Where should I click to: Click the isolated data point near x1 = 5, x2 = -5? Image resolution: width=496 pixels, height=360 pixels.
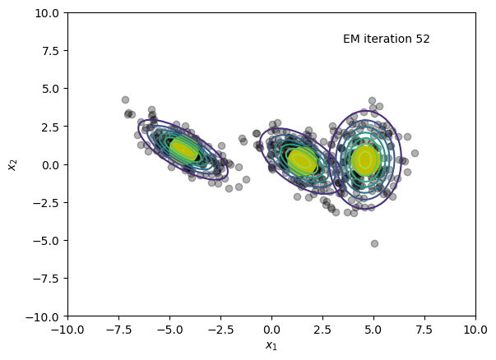374,243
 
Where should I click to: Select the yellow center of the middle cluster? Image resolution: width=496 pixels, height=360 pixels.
302,161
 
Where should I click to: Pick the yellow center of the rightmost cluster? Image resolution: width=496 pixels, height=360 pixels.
365,160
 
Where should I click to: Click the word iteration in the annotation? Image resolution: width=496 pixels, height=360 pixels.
387,39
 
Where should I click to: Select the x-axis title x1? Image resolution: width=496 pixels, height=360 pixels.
271,345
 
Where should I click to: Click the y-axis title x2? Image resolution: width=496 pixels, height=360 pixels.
12,164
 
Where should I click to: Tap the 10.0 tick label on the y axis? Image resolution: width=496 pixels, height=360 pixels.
47,13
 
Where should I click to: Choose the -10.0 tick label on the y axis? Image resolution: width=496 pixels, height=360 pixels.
42,316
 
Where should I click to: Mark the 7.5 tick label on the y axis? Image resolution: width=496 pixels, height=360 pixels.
51,51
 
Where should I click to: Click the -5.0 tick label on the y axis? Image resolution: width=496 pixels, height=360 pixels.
46,241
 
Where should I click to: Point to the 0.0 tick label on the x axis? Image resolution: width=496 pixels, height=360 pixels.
271,330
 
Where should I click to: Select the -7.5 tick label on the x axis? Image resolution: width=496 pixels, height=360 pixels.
119,330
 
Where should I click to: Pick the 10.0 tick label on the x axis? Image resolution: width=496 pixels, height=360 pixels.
475,330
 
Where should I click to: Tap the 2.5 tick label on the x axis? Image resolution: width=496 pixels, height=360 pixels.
322,330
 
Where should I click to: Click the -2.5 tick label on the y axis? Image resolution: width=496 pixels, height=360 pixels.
46,202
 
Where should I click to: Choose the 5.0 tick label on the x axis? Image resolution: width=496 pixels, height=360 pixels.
373,330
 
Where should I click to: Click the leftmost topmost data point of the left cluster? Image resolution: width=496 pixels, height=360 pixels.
125,100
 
